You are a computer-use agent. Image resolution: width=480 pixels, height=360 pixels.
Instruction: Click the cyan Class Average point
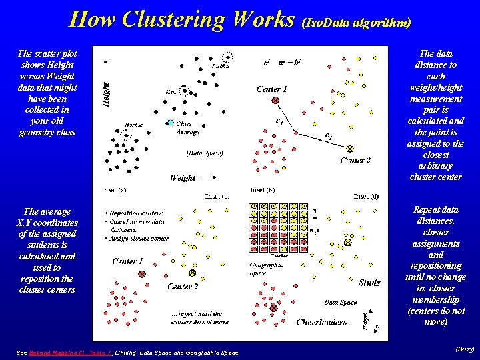[171, 123]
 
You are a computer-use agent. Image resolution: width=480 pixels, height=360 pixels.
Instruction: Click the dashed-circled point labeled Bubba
[227, 57]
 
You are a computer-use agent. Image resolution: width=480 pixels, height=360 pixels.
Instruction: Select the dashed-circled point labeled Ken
[184, 91]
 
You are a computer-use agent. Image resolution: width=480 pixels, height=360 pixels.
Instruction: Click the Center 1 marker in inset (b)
[275, 100]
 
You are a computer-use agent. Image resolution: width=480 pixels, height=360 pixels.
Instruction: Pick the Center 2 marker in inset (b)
[350, 148]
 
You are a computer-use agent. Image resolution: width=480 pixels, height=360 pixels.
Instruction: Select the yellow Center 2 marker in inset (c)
[193, 273]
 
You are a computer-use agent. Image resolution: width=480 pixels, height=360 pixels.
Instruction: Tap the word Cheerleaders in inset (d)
[321, 322]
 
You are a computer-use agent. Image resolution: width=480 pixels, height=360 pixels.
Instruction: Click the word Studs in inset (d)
[369, 283]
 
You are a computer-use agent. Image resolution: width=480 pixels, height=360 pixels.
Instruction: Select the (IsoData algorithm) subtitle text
[356, 22]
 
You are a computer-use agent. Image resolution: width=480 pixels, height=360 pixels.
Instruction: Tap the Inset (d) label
[366, 196]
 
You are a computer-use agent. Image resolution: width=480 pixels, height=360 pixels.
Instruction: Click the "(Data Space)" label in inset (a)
[205, 153]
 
